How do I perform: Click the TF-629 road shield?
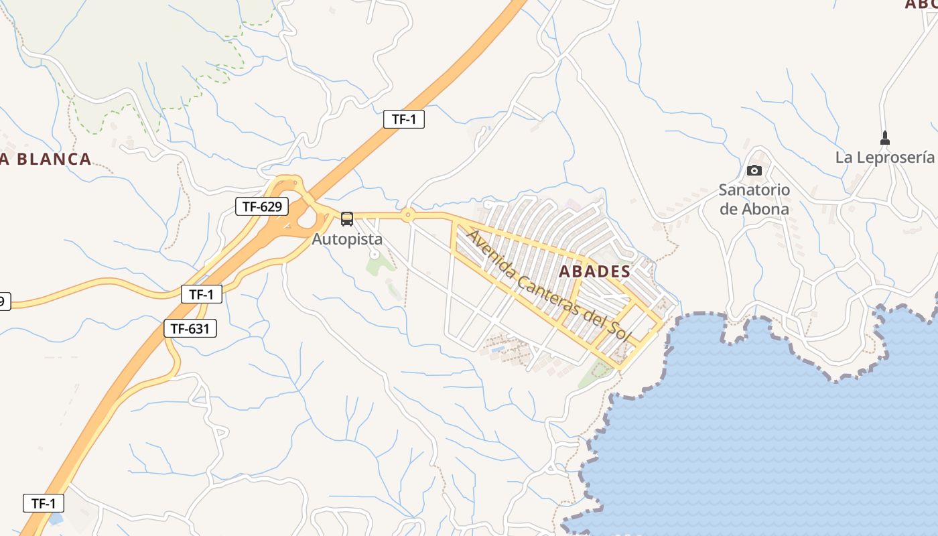coord(261,206)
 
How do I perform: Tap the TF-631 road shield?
coord(190,328)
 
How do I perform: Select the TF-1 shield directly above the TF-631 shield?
coord(201,293)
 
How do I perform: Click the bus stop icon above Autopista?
coord(347,218)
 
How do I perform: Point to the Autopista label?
coord(347,239)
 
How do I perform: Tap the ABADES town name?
coord(594,271)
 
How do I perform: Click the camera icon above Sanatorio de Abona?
coord(754,170)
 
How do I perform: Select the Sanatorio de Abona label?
coord(754,199)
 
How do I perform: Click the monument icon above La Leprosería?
coord(884,138)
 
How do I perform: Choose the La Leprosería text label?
coord(884,157)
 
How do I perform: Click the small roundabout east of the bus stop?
coord(407,215)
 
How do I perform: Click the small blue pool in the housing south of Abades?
coord(496,349)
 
